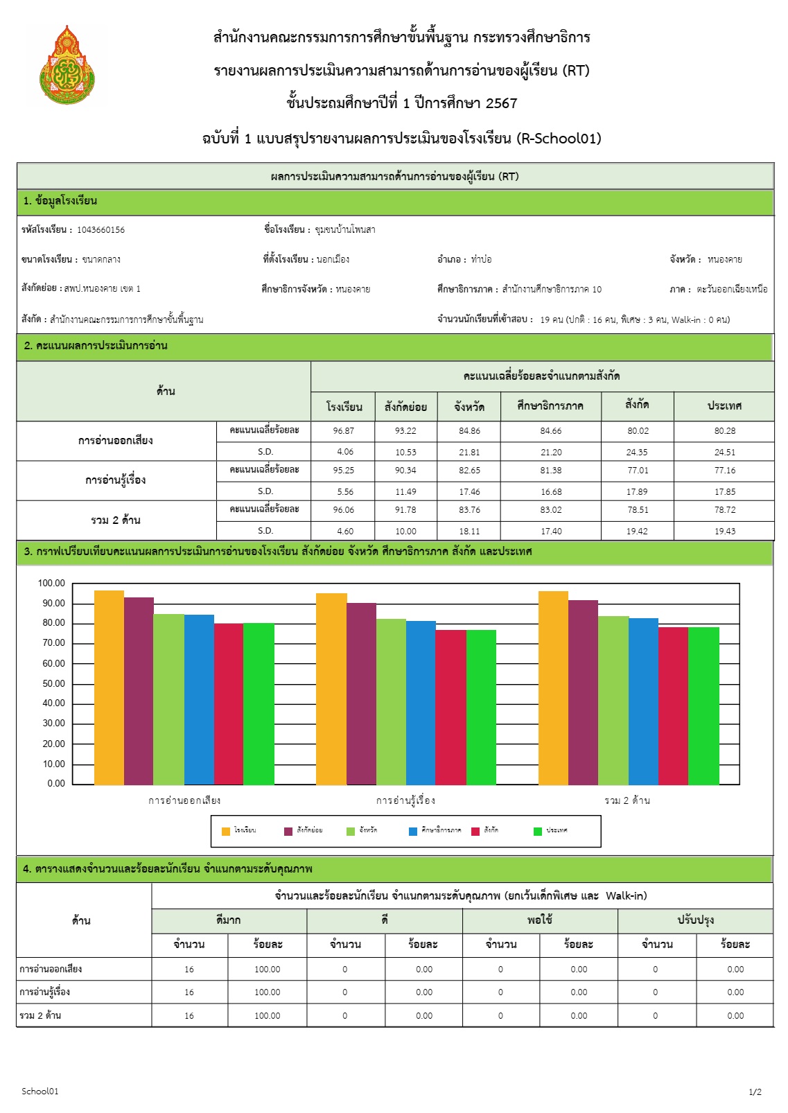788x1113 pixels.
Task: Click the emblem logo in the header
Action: pos(67,65)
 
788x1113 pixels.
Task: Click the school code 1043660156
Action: pos(100,230)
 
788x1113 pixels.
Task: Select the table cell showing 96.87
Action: pos(343,431)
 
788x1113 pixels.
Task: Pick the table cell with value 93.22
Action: pos(405,431)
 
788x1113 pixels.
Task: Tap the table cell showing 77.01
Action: pos(638,471)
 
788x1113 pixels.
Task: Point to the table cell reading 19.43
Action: pos(724,532)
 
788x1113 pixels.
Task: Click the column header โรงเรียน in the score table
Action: pos(344,407)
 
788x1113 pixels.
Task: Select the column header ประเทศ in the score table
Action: pos(724,406)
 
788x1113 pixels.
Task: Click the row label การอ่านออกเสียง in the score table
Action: pos(116,441)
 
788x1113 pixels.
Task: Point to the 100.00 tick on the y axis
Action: pos(51,584)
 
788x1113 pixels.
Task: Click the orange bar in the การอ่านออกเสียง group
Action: pos(109,687)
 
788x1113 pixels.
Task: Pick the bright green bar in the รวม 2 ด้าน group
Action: pos(703,706)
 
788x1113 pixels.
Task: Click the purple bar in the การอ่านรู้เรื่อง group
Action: pos(361,694)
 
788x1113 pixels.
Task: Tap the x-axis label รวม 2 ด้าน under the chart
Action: pos(627,801)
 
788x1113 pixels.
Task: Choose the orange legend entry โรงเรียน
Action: pos(238,831)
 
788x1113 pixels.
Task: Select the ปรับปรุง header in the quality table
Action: pos(695,920)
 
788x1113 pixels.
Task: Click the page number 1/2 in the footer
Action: pos(755,1092)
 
